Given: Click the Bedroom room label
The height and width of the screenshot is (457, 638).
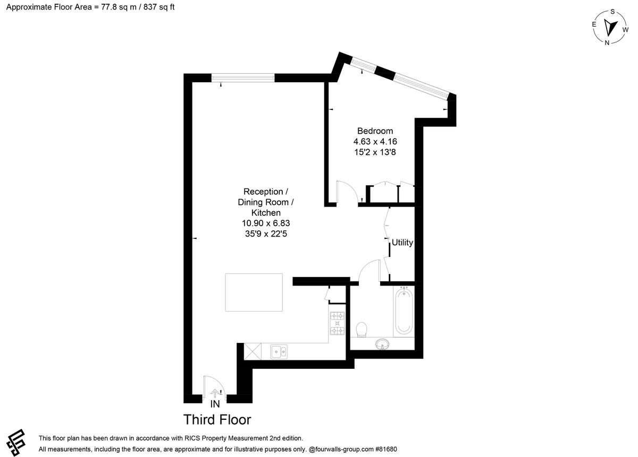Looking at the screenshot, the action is [375, 131].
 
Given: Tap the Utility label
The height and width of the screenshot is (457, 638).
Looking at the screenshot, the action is [402, 242].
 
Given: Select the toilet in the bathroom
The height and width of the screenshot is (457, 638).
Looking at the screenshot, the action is [362, 330].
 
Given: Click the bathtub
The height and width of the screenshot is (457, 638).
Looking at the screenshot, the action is [404, 312].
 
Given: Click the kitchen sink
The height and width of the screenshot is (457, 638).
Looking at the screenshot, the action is [279, 352].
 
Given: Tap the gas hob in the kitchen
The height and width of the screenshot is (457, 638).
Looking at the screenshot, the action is [337, 323].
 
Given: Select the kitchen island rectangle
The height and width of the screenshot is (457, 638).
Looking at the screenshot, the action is [254, 292].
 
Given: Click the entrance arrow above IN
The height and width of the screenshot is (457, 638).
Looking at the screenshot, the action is [214, 393].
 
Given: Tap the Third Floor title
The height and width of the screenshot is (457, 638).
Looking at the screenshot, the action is [217, 419].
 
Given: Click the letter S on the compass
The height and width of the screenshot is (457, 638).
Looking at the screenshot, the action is [612, 12].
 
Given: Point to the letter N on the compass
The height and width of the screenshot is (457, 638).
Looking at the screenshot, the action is [607, 42].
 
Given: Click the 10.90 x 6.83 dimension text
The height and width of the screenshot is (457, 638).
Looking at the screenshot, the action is [266, 223].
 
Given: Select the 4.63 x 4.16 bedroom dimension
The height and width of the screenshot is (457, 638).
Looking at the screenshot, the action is [375, 141].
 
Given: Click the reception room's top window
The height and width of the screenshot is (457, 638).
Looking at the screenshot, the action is [243, 77].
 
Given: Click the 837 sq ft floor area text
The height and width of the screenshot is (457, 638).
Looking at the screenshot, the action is [158, 7].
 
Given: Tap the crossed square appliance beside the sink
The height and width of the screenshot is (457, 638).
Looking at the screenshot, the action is [253, 351].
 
